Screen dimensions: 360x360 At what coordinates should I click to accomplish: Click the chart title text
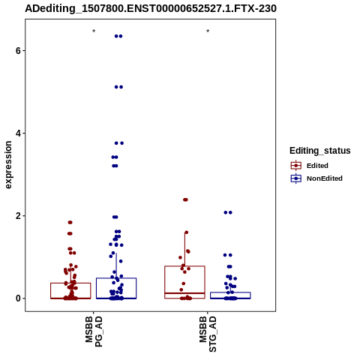(151, 8)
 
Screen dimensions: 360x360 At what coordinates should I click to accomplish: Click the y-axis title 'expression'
(8, 165)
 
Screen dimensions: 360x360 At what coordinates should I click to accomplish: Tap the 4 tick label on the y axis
(19, 133)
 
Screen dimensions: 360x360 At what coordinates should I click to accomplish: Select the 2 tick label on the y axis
(19, 216)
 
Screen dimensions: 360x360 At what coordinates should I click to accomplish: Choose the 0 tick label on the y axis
(19, 298)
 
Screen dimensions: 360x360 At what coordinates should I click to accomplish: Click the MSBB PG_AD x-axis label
(94, 331)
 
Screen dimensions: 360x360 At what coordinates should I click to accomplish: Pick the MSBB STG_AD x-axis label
(208, 334)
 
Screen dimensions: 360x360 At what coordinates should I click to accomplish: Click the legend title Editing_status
(320, 151)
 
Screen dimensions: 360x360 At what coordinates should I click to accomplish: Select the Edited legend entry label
(317, 166)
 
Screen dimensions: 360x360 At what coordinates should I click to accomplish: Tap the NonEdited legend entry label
(325, 178)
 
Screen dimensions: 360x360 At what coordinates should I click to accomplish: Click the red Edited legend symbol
(296, 166)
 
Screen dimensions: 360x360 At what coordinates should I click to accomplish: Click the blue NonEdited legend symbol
(296, 178)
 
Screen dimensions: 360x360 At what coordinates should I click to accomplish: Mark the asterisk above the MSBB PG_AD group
(94, 31)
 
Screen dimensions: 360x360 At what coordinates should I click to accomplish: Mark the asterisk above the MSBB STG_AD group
(208, 31)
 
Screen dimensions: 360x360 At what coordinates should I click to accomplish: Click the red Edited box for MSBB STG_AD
(184, 266)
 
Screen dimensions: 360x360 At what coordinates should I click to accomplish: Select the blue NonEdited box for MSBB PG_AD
(116, 278)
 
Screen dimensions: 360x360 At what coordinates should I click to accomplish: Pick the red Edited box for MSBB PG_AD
(70, 283)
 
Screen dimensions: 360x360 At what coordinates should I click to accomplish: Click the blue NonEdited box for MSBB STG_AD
(230, 292)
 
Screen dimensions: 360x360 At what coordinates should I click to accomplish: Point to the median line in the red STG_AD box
(184, 293)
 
